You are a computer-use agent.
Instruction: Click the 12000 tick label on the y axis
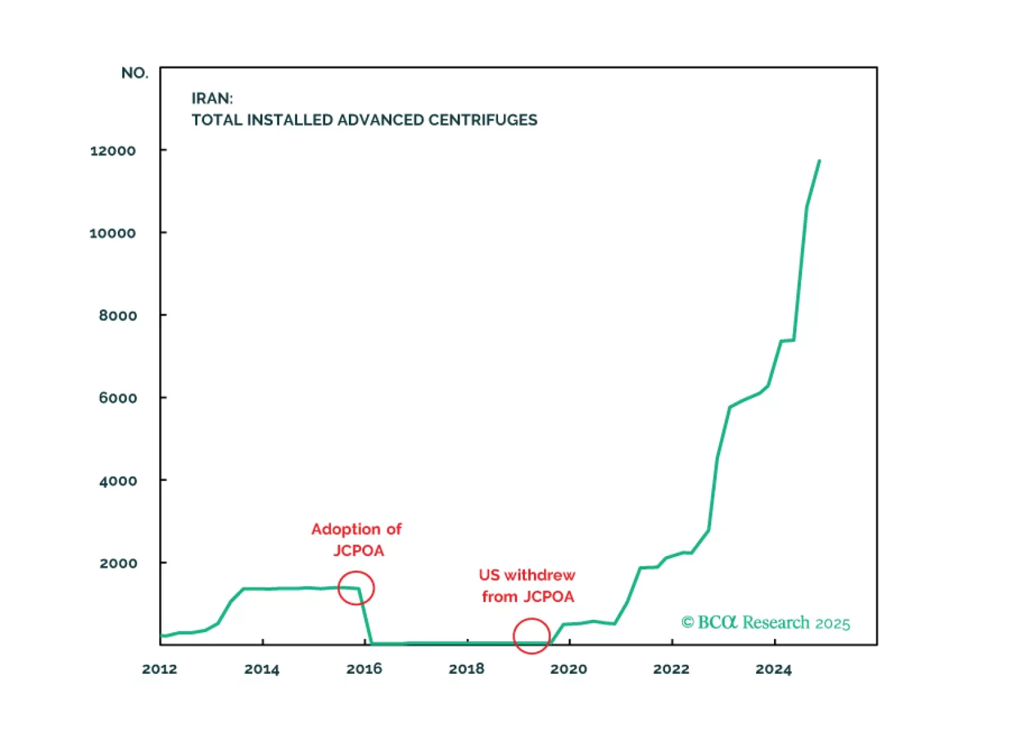(x=113, y=151)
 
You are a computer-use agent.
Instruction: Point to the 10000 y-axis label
(x=113, y=233)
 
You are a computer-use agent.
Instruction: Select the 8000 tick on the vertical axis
(x=118, y=315)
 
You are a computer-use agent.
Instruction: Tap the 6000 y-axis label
(x=118, y=398)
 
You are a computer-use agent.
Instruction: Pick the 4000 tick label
(x=118, y=481)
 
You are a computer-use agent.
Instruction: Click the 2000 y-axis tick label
(x=118, y=563)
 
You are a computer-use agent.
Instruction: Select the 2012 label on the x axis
(x=159, y=669)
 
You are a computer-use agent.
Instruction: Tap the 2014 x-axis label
(x=262, y=669)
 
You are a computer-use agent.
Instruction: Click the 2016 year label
(x=364, y=669)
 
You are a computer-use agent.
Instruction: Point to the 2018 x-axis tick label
(x=467, y=669)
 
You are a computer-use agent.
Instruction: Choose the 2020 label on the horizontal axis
(x=568, y=669)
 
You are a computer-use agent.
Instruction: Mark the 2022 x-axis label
(x=671, y=669)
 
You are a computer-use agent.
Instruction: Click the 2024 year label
(x=773, y=669)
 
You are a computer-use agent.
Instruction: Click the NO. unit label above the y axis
(x=134, y=73)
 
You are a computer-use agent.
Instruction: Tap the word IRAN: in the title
(x=212, y=99)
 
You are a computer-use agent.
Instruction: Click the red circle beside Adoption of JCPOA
(x=356, y=588)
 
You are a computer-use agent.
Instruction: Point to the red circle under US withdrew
(x=531, y=635)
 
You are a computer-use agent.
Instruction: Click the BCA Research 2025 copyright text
(x=766, y=623)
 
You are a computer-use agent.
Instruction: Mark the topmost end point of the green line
(x=819, y=161)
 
